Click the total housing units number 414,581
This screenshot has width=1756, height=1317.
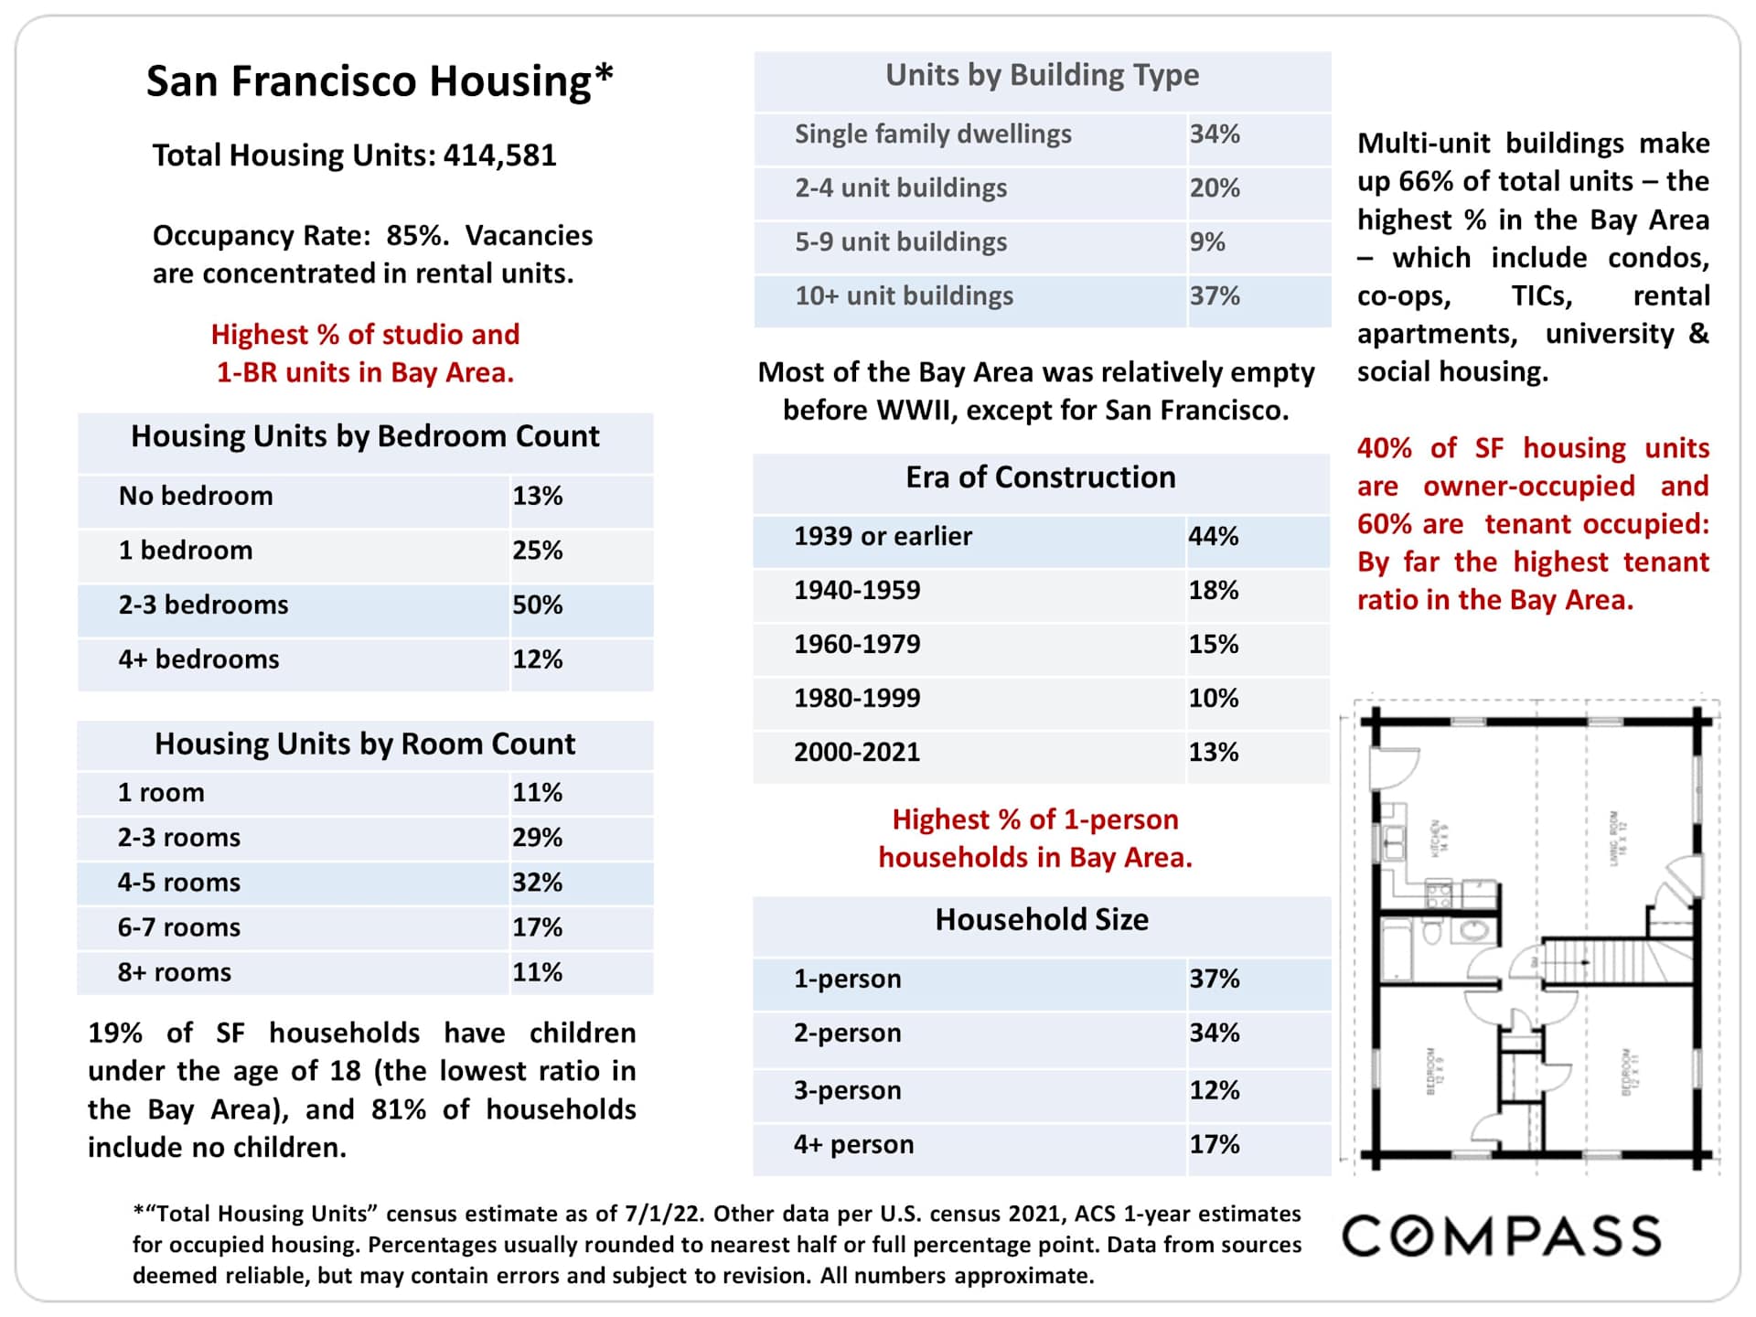pos(499,155)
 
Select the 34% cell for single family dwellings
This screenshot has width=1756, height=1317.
pos(1215,134)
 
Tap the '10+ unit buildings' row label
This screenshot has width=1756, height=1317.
pos(904,296)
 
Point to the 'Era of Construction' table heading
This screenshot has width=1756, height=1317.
pos(1041,477)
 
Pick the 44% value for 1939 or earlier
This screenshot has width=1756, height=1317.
pos(1213,536)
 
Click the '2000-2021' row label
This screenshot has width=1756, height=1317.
pos(857,752)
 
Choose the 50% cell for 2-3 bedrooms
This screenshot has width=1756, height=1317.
pos(537,605)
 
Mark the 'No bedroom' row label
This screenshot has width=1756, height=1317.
pos(196,496)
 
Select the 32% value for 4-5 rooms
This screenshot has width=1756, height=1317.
pos(537,883)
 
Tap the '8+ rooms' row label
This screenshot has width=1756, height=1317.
pos(174,972)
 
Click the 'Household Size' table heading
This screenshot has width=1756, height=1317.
pos(1042,919)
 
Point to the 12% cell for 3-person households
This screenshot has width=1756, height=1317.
pos(1214,1090)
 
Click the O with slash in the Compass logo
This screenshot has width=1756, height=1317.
pos(1415,1236)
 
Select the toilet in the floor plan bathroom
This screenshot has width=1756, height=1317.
pos(1432,933)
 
